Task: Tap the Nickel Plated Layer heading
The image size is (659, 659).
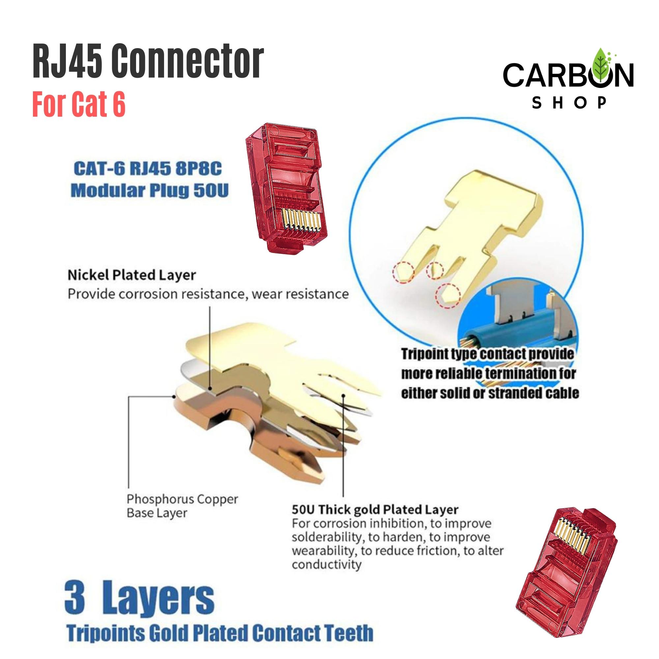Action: tap(132, 275)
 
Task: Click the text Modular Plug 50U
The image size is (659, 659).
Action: tap(149, 191)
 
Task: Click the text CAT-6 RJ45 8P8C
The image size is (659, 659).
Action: tap(147, 169)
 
